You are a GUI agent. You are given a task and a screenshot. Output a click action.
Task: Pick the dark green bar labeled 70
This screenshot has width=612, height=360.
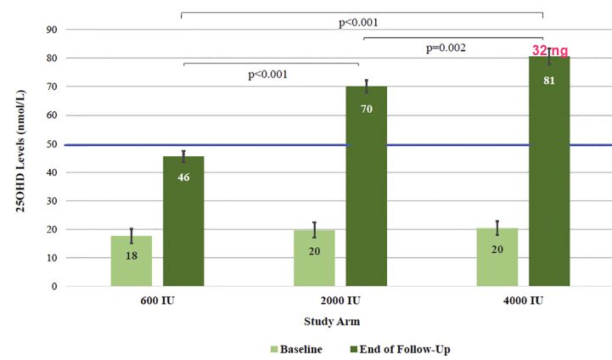[367, 187]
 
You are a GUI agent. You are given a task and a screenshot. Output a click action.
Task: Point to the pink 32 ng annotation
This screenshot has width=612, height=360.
[549, 51]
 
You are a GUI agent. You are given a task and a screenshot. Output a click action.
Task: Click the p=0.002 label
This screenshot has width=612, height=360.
[446, 48]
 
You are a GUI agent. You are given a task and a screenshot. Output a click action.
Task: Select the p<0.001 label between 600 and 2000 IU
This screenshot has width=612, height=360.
[268, 74]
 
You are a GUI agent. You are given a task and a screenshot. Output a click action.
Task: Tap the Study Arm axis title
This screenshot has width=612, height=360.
[332, 321]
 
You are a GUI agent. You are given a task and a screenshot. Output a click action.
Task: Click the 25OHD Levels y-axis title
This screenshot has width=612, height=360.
[20, 158]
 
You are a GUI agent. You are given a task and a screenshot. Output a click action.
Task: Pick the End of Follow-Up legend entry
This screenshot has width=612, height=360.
[400, 348]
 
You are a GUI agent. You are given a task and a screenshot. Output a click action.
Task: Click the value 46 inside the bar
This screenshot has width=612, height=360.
[183, 177]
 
